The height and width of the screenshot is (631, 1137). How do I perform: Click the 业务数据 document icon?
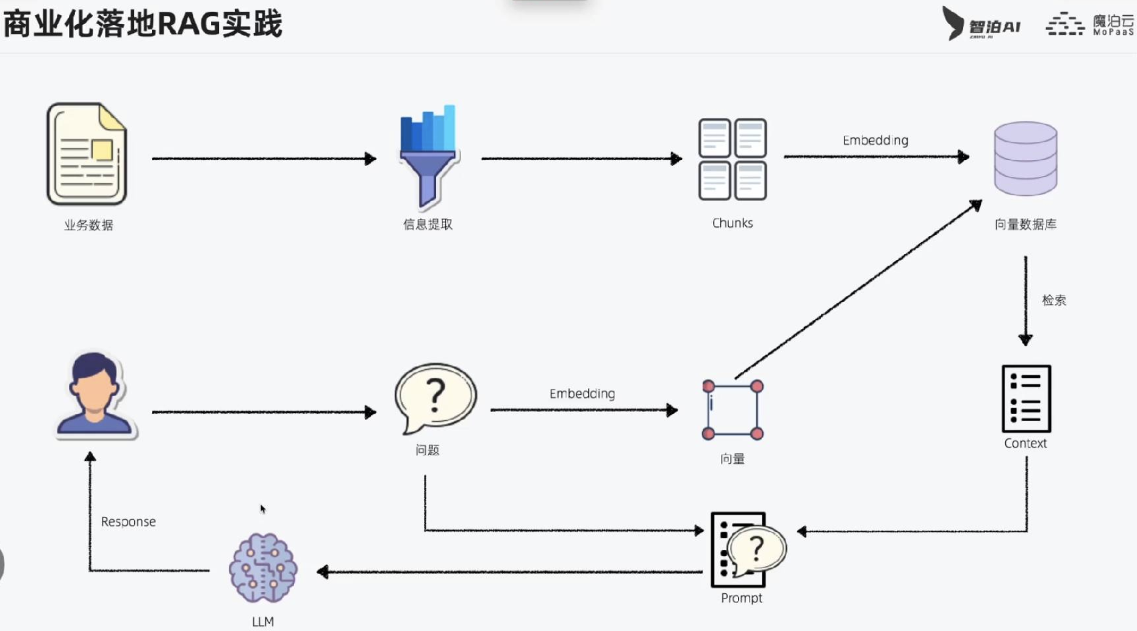coord(87,154)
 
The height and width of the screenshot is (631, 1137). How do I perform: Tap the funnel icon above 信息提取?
coord(428,156)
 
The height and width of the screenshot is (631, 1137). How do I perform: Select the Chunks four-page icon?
coord(732,159)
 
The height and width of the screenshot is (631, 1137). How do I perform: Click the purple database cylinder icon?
coord(1025,159)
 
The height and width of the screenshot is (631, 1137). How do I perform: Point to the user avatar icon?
coord(94,395)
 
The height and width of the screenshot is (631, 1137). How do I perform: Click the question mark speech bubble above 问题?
coord(435,397)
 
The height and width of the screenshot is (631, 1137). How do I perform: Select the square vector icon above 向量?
coord(732,410)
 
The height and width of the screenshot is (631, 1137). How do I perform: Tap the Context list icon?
coord(1026,398)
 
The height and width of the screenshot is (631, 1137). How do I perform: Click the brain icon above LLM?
coord(263,568)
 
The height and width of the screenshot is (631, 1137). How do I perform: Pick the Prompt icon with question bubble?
coord(745,550)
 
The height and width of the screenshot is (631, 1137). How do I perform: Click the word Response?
coord(128,522)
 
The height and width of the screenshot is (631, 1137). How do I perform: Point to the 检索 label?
coord(1053,300)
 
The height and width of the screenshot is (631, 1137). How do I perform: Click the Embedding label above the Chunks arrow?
coord(875,140)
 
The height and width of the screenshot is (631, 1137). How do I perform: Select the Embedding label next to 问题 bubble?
coord(582,394)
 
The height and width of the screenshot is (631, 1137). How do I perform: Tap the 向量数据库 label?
coord(1025,225)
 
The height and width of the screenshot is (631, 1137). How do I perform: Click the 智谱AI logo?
coord(981,24)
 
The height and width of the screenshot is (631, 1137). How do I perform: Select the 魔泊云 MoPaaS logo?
coord(1091,24)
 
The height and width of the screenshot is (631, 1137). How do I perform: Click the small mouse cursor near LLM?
coord(262,508)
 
